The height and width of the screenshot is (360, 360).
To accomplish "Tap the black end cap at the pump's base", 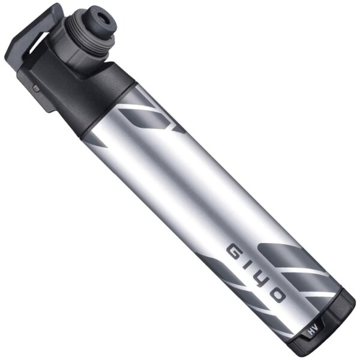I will [333, 324].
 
